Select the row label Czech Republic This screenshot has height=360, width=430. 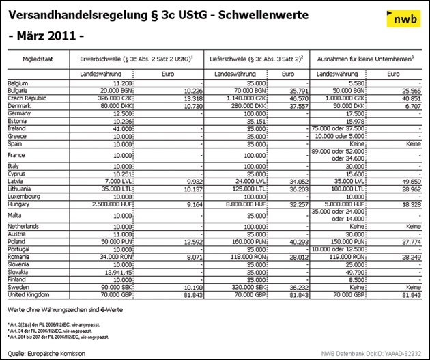[26, 98]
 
